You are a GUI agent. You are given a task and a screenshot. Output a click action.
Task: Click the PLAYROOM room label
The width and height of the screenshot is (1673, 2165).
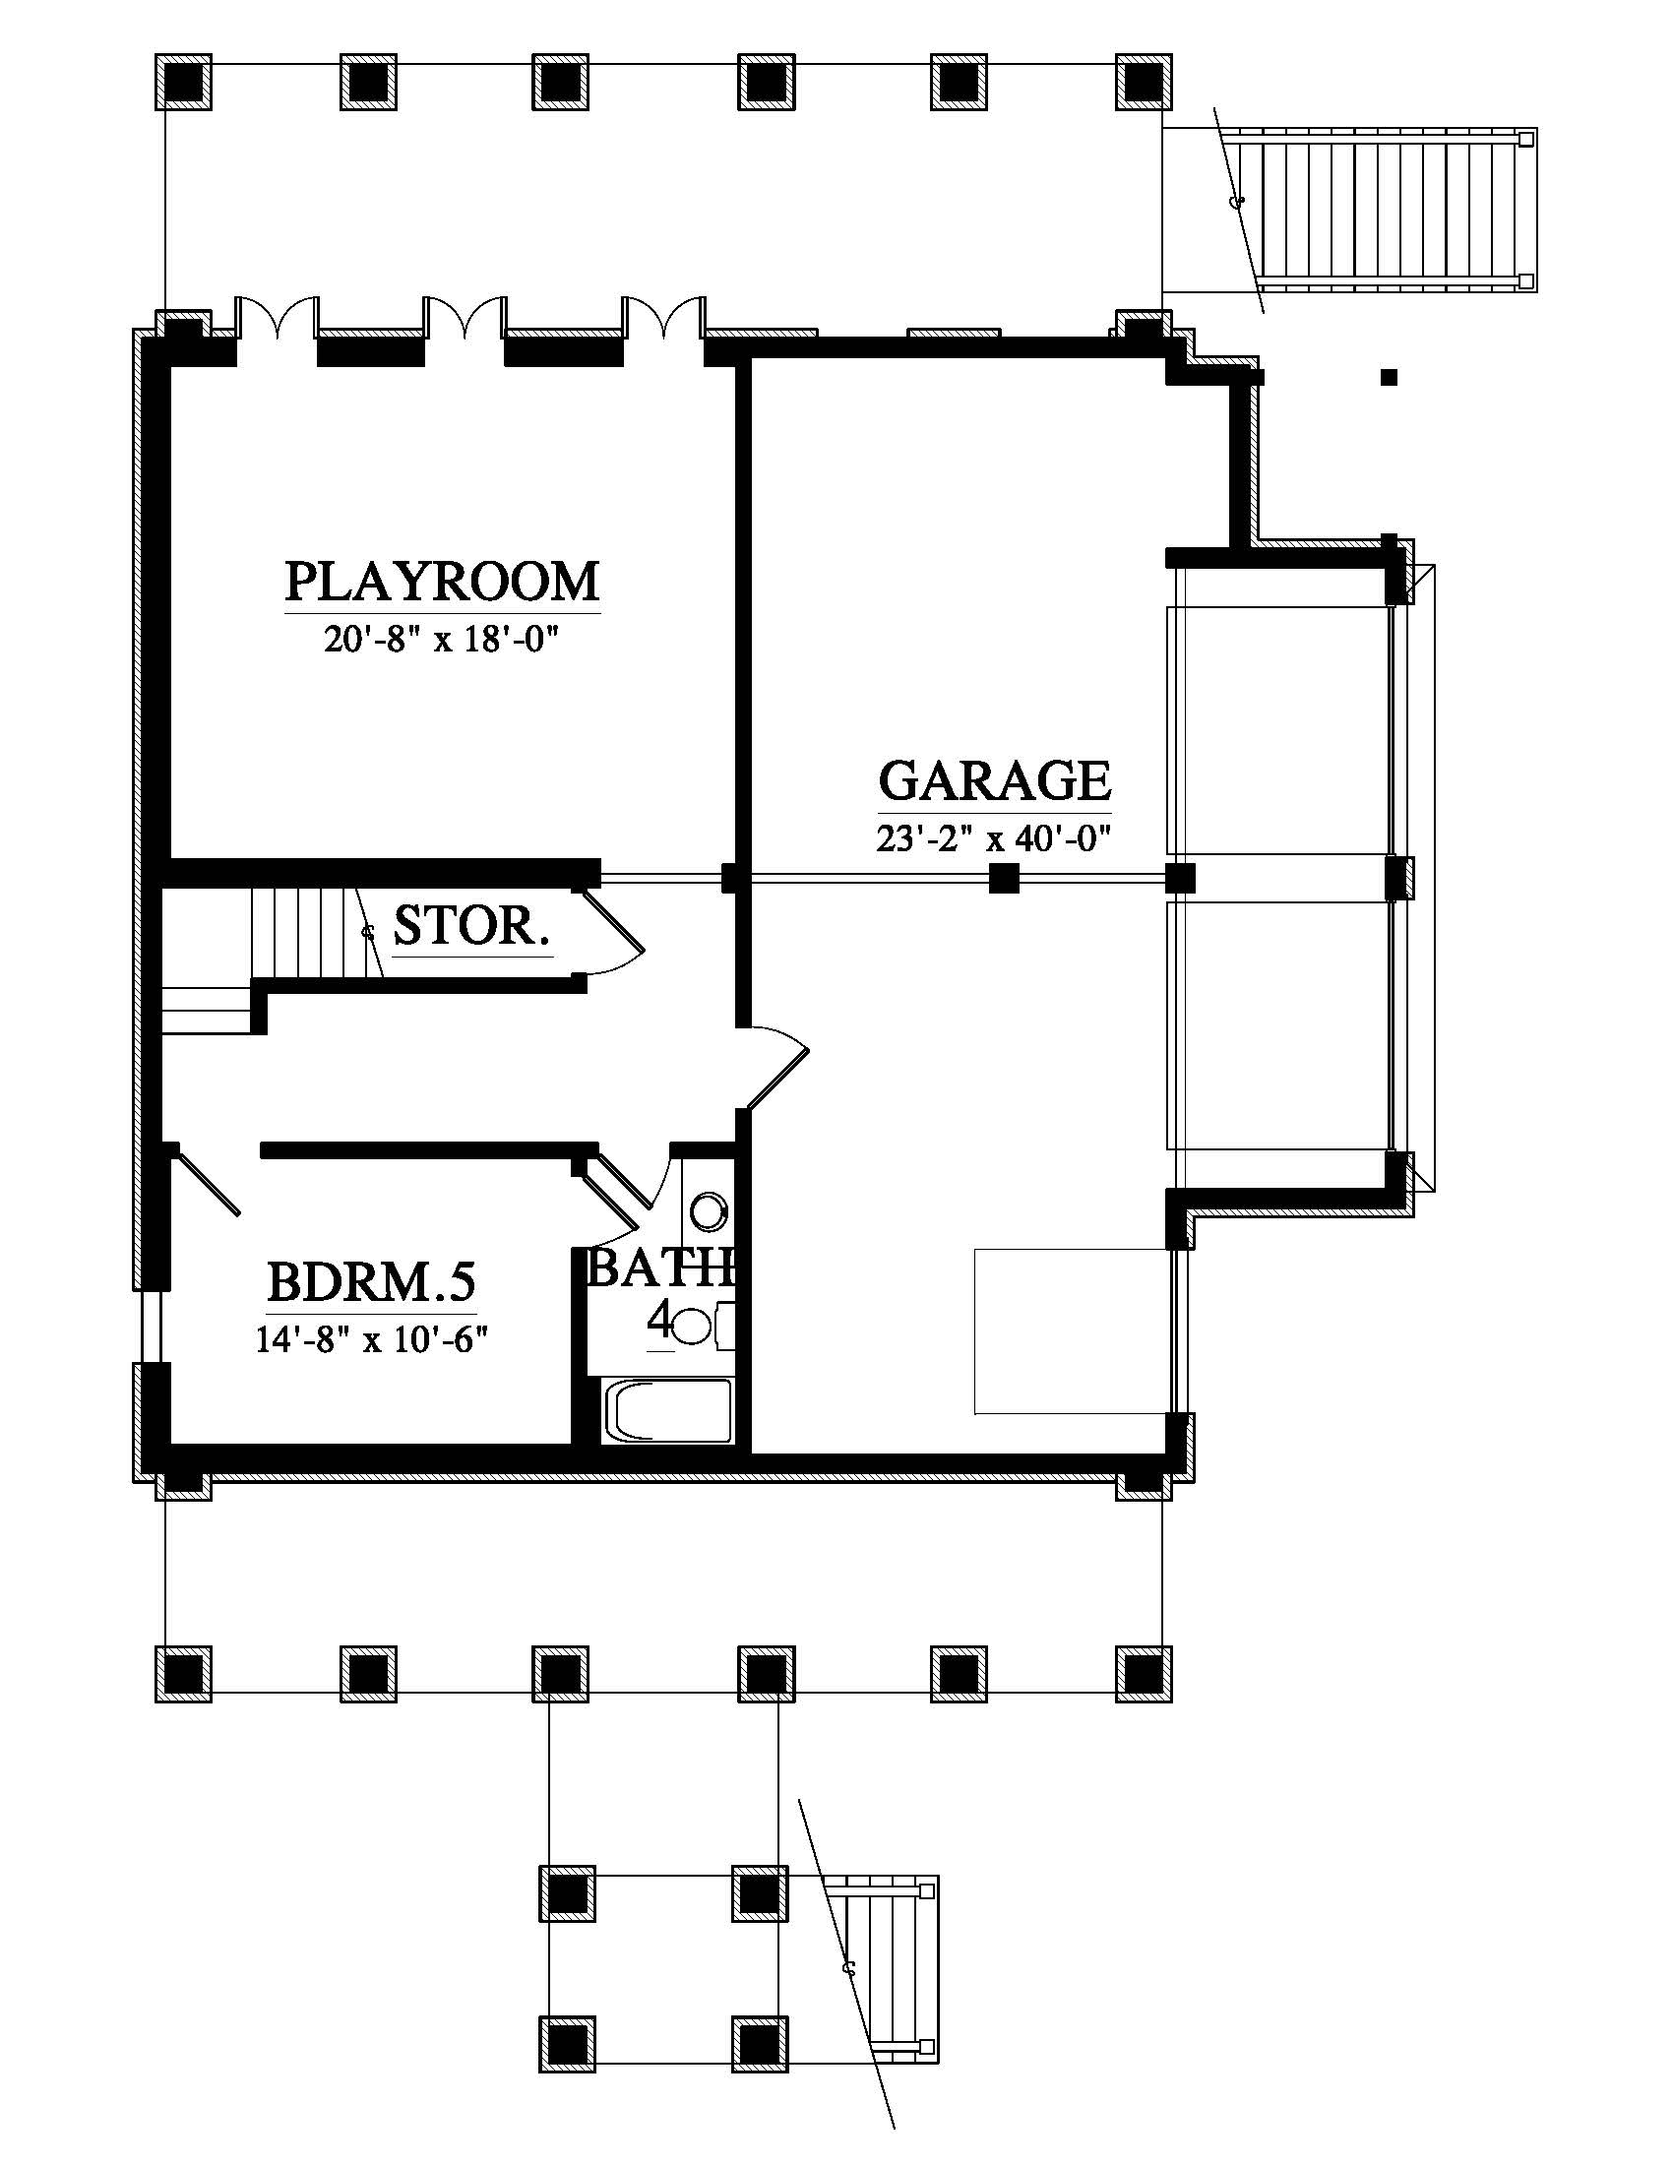pos(442,582)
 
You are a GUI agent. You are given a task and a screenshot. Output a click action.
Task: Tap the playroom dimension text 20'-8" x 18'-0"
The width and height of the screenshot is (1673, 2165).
pos(442,640)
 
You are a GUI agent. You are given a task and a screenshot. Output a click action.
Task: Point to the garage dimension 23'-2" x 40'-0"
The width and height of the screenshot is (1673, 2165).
pos(993,838)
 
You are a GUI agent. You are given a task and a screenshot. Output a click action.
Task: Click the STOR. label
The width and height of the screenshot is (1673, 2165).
pos(471,926)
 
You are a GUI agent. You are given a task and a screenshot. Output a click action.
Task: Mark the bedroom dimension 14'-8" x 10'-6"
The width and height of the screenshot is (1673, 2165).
pos(373,1340)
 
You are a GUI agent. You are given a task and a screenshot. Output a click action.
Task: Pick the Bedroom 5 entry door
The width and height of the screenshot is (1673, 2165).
pos(204,1180)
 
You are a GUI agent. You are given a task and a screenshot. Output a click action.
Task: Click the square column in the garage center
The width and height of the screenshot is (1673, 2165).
pos(1004,878)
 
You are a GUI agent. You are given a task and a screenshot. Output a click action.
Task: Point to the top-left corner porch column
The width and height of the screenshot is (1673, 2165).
pos(183,81)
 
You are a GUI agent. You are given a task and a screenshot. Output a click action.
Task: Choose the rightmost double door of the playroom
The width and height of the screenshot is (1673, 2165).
pos(663,317)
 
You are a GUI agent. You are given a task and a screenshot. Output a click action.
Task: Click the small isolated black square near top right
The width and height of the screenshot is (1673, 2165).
pos(1390,377)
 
